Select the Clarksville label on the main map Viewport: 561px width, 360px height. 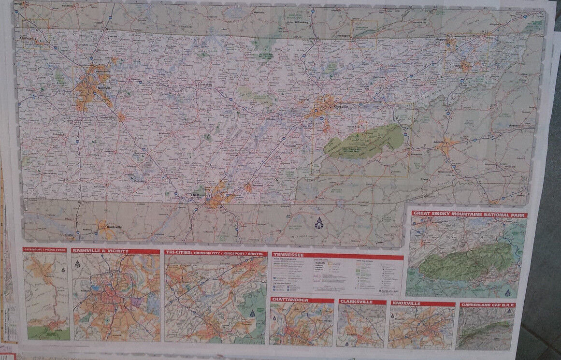[29, 38]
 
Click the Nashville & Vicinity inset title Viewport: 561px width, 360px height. [101, 251]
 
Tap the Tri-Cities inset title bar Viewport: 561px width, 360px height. [215, 253]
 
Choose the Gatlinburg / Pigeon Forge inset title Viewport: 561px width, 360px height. [44, 250]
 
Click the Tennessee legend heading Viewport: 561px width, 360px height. [288, 255]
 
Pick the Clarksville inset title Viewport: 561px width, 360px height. [356, 302]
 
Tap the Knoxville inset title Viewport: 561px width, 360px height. [406, 304]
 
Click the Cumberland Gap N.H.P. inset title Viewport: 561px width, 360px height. [487, 305]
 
